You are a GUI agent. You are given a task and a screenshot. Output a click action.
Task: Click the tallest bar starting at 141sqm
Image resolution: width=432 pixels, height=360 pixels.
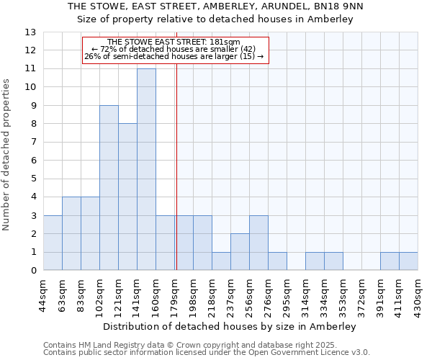click(146, 169)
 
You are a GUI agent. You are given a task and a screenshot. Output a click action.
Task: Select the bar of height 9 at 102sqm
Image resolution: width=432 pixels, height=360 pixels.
click(109, 188)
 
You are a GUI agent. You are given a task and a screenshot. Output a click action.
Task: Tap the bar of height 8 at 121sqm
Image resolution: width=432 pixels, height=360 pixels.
click(127, 197)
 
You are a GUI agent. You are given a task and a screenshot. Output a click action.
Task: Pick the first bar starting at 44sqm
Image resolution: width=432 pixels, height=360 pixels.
click(53, 243)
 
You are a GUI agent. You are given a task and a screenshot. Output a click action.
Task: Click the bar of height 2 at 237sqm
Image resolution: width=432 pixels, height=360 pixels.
click(240, 252)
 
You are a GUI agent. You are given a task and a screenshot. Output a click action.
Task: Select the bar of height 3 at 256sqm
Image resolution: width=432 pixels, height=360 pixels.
click(258, 243)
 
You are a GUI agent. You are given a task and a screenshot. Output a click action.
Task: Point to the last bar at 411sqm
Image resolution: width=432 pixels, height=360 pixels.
click(408, 261)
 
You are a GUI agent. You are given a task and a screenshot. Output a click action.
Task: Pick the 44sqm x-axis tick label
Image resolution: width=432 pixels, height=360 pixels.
click(43, 294)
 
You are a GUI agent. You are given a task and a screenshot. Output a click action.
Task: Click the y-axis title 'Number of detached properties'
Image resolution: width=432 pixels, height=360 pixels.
click(6, 156)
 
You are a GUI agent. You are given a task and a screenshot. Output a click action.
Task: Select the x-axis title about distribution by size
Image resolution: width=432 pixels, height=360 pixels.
click(230, 326)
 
